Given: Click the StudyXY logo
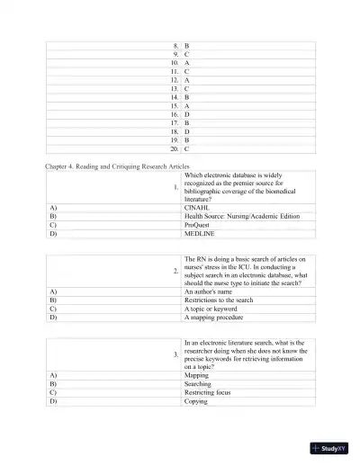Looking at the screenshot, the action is [328, 447].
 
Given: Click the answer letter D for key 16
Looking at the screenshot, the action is [186, 113].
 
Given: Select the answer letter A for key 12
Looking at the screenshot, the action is [186, 79].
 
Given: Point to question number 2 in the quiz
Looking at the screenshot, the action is [175, 271].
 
